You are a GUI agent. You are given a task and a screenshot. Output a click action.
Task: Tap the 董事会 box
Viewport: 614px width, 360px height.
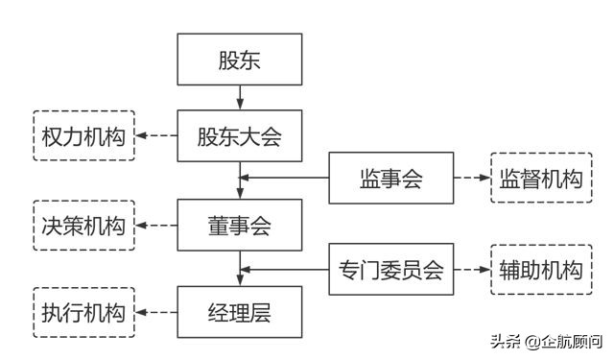tap(240, 226)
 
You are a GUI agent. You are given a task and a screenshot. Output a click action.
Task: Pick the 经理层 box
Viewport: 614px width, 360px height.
tap(240, 313)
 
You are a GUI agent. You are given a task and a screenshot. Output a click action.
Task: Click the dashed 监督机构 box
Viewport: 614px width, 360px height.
tap(540, 178)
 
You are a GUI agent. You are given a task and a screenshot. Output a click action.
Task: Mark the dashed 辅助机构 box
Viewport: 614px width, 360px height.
tap(540, 270)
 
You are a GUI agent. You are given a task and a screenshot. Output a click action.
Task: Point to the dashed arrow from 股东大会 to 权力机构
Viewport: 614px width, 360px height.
tap(156, 135)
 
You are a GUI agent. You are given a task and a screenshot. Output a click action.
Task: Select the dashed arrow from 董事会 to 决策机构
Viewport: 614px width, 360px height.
tap(156, 227)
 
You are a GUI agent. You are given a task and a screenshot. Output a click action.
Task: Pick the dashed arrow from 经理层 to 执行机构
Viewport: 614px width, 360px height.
tap(156, 313)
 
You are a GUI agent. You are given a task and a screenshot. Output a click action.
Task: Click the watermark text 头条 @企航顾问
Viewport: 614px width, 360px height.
tap(546, 341)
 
